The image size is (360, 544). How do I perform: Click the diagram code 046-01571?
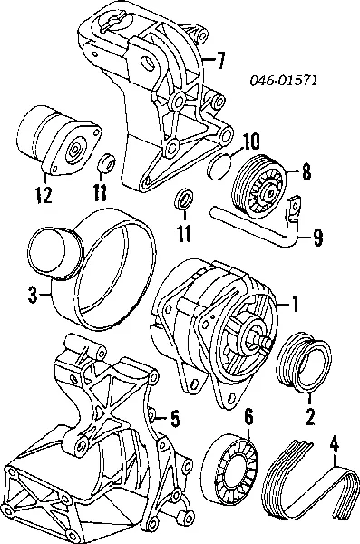(x=284, y=81)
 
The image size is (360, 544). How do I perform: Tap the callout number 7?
(x=219, y=61)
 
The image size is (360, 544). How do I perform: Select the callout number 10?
(x=250, y=142)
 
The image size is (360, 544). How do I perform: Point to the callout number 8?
(x=306, y=171)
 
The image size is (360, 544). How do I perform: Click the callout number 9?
(x=317, y=238)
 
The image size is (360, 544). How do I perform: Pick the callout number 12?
(x=44, y=195)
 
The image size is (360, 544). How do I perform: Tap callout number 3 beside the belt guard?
(x=33, y=296)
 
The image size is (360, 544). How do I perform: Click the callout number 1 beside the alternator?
(x=295, y=304)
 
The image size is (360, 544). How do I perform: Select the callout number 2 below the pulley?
(x=310, y=416)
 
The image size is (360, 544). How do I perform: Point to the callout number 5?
(x=175, y=418)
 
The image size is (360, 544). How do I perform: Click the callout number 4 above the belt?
(x=334, y=445)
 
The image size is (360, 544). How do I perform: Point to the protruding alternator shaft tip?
(x=268, y=342)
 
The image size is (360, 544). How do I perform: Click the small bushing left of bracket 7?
(x=105, y=162)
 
